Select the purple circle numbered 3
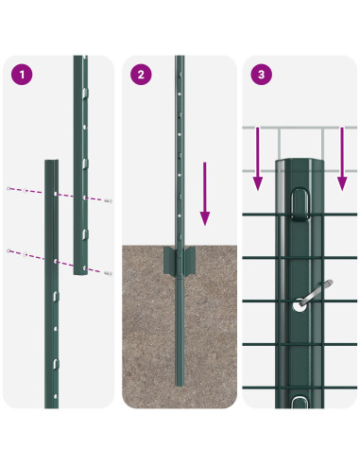point(261,74)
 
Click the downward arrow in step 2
point(202,194)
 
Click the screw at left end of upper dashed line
point(9,188)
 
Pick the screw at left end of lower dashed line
point(9,250)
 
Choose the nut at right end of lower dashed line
point(111,273)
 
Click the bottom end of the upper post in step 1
point(81,273)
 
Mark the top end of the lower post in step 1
point(52,162)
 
